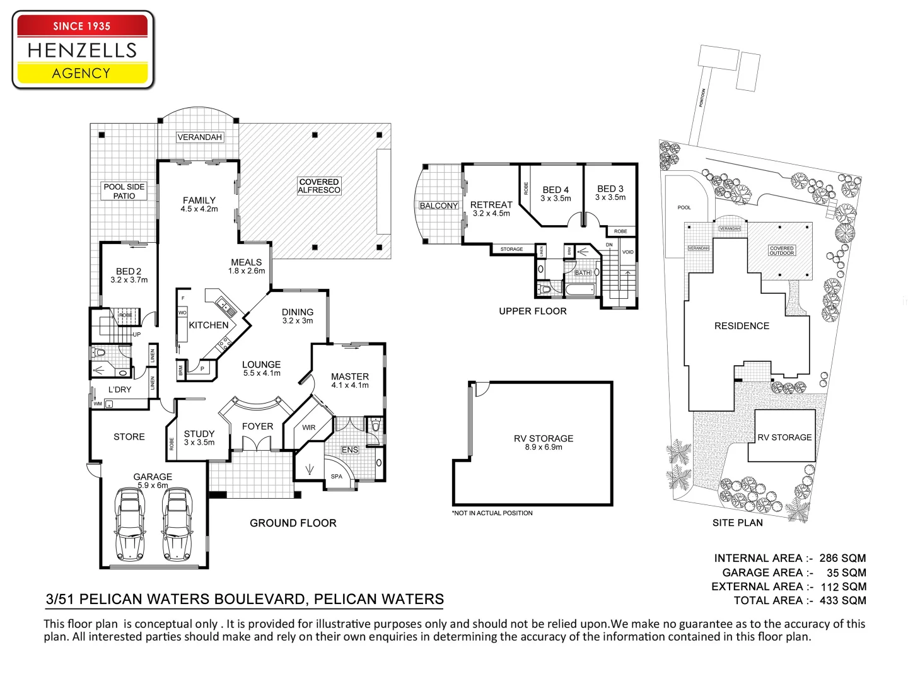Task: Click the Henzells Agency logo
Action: click(x=83, y=50)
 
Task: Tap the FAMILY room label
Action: click(x=199, y=201)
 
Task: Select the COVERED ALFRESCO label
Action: click(x=319, y=186)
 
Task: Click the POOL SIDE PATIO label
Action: click(x=124, y=191)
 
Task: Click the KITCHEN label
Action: click(x=209, y=325)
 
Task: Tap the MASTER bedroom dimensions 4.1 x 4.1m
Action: click(x=350, y=385)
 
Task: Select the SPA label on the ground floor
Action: click(x=337, y=476)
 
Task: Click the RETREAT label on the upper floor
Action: click(x=491, y=205)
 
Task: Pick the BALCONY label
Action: click(x=439, y=206)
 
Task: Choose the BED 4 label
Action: click(x=556, y=190)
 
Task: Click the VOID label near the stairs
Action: click(x=628, y=252)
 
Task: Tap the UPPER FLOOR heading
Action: click(x=533, y=311)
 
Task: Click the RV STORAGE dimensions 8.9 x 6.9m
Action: click(x=544, y=448)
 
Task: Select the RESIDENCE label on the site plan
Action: click(x=742, y=326)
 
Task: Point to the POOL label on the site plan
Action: click(x=684, y=207)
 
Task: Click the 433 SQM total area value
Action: click(x=843, y=601)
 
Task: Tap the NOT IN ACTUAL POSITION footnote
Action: click(x=492, y=513)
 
